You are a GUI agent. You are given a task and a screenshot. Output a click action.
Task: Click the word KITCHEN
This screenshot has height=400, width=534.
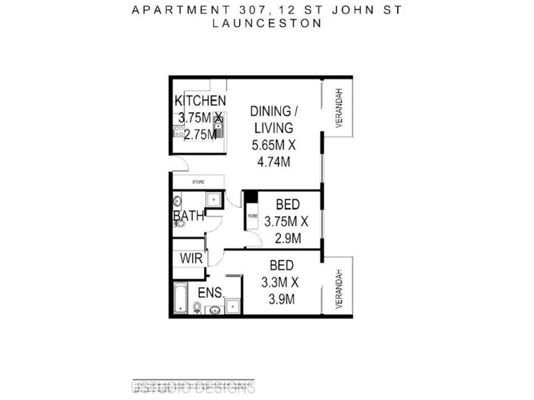point(200,101)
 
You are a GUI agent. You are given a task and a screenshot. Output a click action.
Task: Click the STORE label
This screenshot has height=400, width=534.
point(198,181)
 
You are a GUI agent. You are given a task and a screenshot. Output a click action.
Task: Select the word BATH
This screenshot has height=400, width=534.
point(189,217)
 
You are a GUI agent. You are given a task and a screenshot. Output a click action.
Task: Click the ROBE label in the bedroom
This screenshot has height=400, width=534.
point(252,216)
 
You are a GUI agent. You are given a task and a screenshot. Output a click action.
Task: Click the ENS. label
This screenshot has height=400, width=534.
point(210,293)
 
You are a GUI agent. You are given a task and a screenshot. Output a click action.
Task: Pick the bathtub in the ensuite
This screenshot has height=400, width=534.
point(180,298)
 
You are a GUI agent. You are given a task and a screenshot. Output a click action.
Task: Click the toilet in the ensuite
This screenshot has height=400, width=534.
point(198,307)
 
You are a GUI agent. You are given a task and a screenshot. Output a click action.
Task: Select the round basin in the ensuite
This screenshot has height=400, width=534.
point(215,309)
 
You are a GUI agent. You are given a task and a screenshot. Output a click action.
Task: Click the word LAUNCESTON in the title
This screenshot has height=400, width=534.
point(266,22)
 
